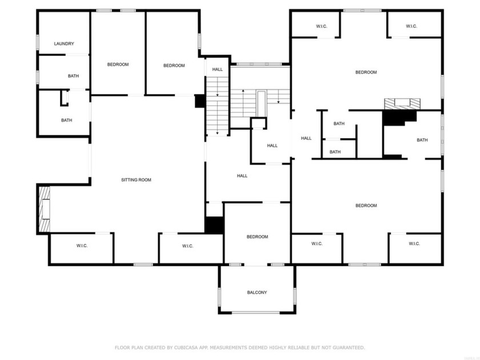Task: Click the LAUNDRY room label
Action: pyautogui.click(x=64, y=44)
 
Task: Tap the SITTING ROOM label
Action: pyautogui.click(x=136, y=180)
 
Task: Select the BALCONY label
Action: pyautogui.click(x=257, y=293)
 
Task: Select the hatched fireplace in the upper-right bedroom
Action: pyautogui.click(x=402, y=103)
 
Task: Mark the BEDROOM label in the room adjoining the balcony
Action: pyautogui.click(x=257, y=237)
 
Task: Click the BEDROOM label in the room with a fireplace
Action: pyautogui.click(x=366, y=72)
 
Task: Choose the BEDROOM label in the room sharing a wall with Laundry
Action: pyautogui.click(x=118, y=65)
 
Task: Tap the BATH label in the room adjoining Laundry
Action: pyautogui.click(x=73, y=76)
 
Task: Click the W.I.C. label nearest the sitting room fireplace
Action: pyautogui.click(x=82, y=246)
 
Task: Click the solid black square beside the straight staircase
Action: pyautogui.click(x=200, y=101)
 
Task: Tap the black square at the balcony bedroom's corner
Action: pyautogui.click(x=214, y=224)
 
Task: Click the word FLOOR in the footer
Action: pyautogui.click(x=123, y=347)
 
